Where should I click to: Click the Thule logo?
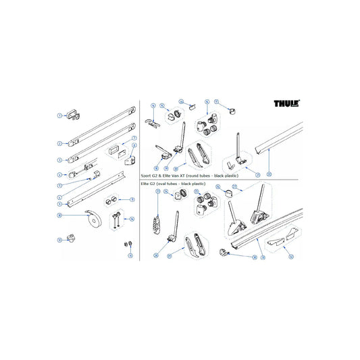pyautogui.click(x=287, y=105)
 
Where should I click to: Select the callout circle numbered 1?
pyautogui.click(x=59, y=115)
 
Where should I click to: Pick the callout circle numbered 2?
pyautogui.click(x=59, y=143)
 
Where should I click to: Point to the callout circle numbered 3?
pyautogui.click(x=59, y=160)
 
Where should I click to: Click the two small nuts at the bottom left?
pyautogui.click(x=126, y=244)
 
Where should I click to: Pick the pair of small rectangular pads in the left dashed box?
pyautogui.click(x=119, y=149)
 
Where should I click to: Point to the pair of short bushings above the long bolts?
pyautogui.click(x=111, y=201)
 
